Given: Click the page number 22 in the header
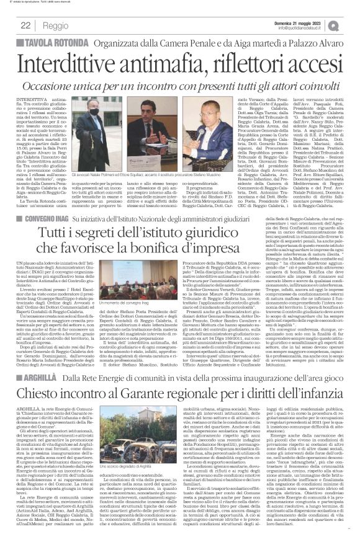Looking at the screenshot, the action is (x=26, y=25).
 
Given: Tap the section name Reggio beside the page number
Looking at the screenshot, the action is (x=55, y=26).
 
